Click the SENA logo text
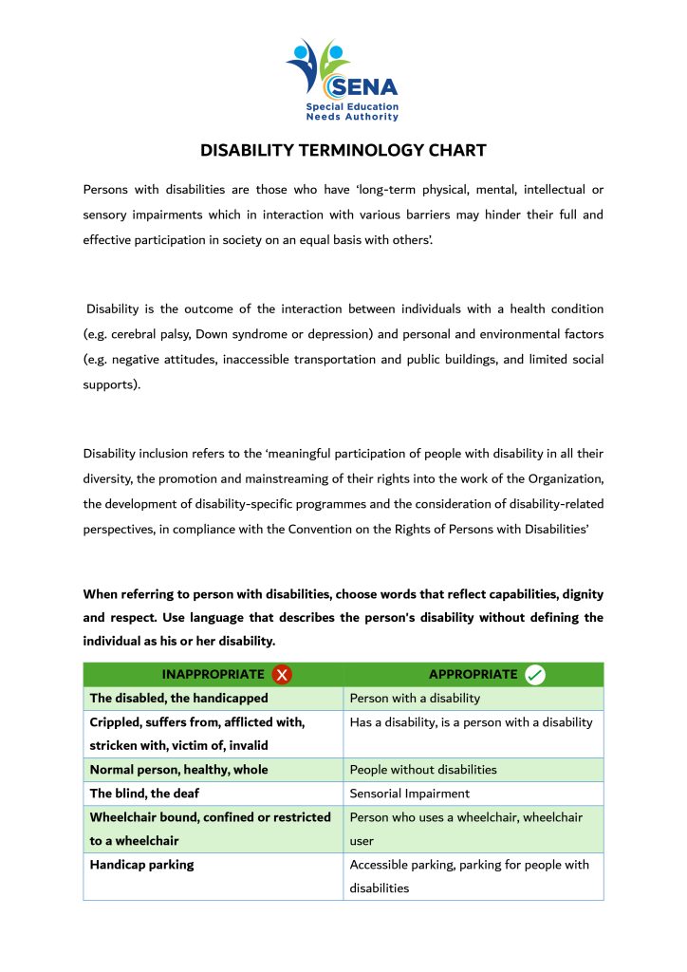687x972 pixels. click(x=363, y=88)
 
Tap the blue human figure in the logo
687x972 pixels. click(x=303, y=67)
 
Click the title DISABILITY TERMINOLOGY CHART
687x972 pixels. click(x=343, y=151)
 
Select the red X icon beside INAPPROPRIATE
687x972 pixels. click(x=282, y=675)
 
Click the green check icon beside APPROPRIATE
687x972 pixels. click(x=535, y=675)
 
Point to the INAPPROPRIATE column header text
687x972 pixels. click(x=213, y=675)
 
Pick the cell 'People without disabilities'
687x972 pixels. click(x=423, y=770)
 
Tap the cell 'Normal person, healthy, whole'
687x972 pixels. click(x=178, y=770)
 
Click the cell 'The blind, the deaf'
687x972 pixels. click(x=144, y=794)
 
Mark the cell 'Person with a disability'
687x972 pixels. click(x=415, y=699)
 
